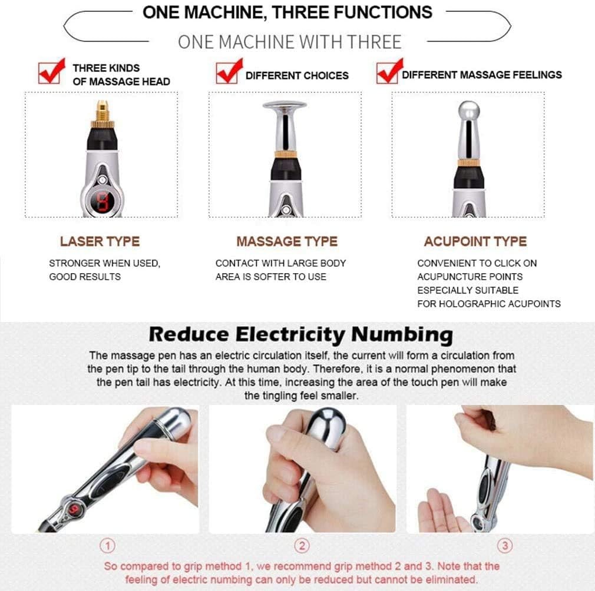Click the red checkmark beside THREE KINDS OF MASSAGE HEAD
[x=51, y=71]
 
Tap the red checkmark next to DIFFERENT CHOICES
[x=229, y=71]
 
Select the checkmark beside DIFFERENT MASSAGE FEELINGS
[x=390, y=71]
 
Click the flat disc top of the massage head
[x=285, y=105]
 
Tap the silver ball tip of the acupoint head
[x=469, y=111]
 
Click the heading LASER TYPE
[x=100, y=241]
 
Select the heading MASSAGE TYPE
[x=287, y=241]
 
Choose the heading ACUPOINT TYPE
[x=475, y=241]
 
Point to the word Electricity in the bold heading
[x=290, y=335]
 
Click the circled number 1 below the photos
[x=107, y=546]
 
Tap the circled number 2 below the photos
[x=302, y=546]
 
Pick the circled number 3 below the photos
[x=505, y=546]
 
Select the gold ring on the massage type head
[x=285, y=154]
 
